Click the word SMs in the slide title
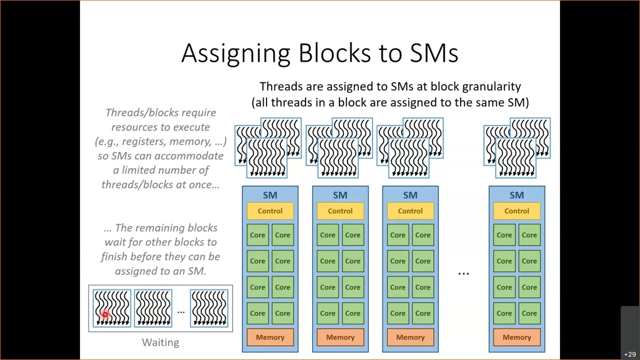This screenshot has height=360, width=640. click(433, 53)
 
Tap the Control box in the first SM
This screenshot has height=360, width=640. click(270, 211)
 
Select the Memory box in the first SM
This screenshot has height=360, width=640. click(270, 337)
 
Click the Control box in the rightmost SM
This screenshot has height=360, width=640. click(516, 211)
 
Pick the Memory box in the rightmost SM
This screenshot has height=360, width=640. click(516, 337)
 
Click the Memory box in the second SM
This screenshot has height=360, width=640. click(340, 337)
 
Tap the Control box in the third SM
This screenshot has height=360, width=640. click(410, 211)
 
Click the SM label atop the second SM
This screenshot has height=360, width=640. click(340, 195)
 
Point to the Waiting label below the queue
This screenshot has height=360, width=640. click(160, 342)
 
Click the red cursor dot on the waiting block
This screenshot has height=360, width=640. click(105, 314)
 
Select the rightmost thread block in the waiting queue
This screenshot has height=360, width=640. click(209, 308)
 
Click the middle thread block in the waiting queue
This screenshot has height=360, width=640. click(152, 308)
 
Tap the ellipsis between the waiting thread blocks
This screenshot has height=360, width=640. click(181, 311)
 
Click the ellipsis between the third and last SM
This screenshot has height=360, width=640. click(463, 273)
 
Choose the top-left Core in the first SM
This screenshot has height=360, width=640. click(257, 235)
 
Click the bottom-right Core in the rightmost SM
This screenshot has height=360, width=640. click(529, 313)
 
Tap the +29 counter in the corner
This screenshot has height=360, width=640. click(629, 354)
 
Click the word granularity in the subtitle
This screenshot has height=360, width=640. click(491, 86)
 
